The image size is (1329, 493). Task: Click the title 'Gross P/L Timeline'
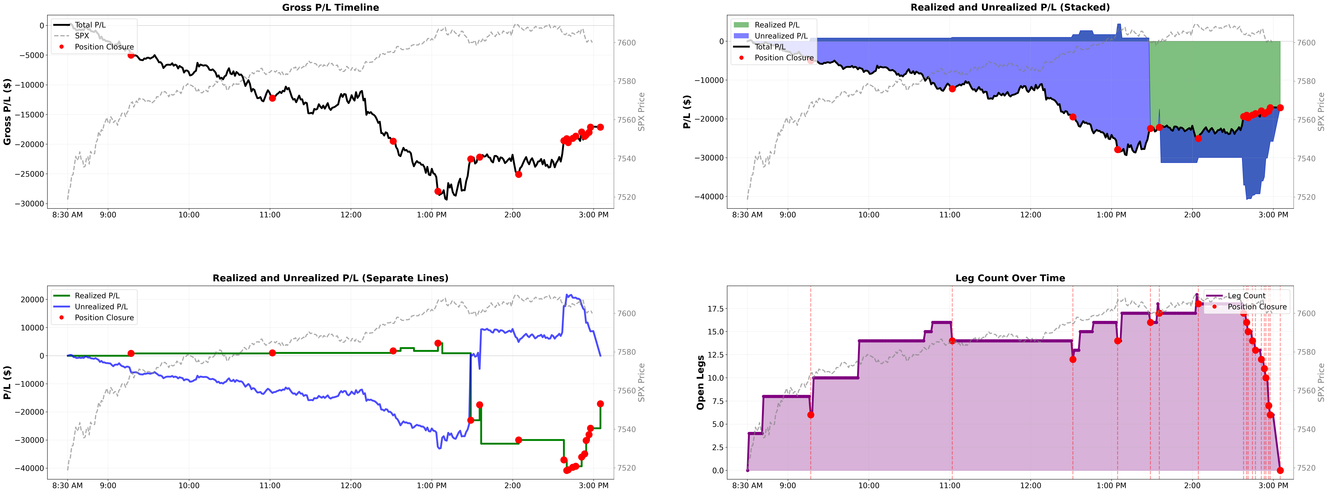click(330, 7)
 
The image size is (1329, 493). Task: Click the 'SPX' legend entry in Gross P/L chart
click(82, 36)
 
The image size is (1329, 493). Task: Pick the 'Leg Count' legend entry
click(1246, 296)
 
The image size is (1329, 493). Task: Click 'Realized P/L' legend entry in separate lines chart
click(97, 296)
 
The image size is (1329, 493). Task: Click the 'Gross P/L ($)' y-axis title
click(7, 112)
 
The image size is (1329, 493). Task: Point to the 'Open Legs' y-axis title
click(700, 383)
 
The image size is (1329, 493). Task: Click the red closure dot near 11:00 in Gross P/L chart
click(272, 98)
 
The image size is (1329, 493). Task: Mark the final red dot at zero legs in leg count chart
click(1280, 470)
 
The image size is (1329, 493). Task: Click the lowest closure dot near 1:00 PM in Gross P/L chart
click(438, 191)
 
